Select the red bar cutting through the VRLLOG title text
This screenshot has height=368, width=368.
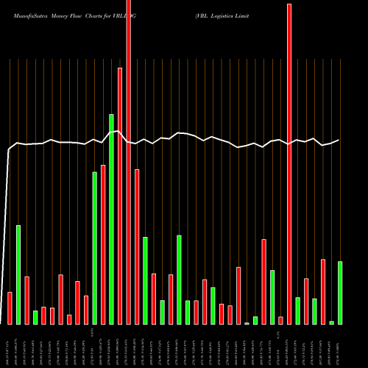click(x=128, y=162)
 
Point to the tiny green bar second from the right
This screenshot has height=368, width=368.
click(x=332, y=322)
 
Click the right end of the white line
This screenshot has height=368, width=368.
click(x=339, y=140)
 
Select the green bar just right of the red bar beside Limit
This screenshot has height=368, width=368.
click(x=298, y=311)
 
